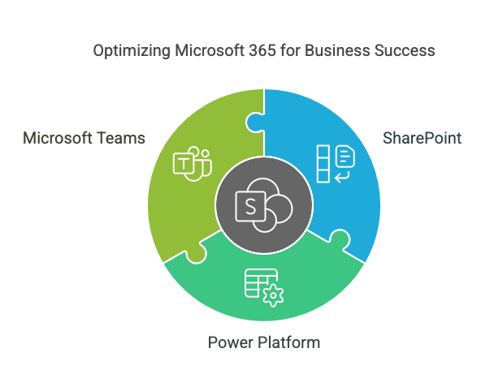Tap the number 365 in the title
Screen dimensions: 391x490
click(248, 50)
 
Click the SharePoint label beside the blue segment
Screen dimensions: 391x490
click(422, 139)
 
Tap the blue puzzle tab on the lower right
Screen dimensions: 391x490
click(340, 241)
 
